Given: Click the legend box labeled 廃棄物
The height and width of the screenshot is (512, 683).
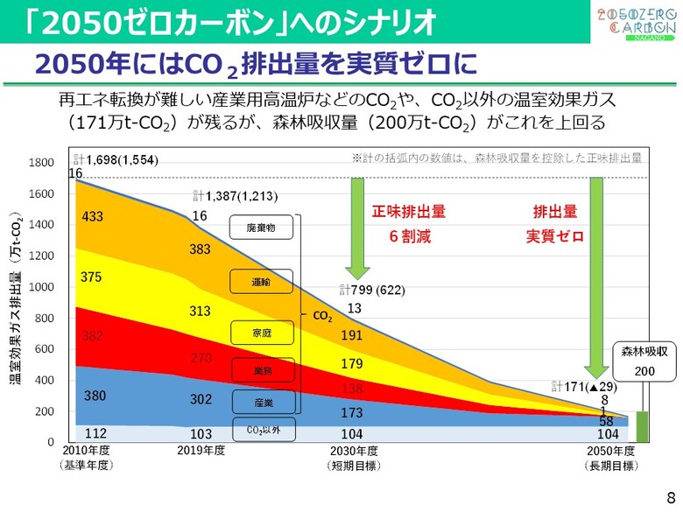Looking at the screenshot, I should point(261,228).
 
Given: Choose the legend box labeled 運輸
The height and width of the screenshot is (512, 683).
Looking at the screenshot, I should point(261,282).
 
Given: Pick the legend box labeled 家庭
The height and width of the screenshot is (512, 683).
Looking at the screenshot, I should point(261,333).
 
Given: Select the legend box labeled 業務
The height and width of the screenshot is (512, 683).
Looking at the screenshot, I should point(261,371).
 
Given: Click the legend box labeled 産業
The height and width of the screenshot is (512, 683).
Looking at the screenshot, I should point(261,401).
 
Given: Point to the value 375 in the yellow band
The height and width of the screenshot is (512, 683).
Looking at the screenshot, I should point(92,277).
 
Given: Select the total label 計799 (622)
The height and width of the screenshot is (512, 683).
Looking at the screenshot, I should point(372,291).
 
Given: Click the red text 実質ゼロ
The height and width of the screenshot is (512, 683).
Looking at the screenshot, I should point(554,236).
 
